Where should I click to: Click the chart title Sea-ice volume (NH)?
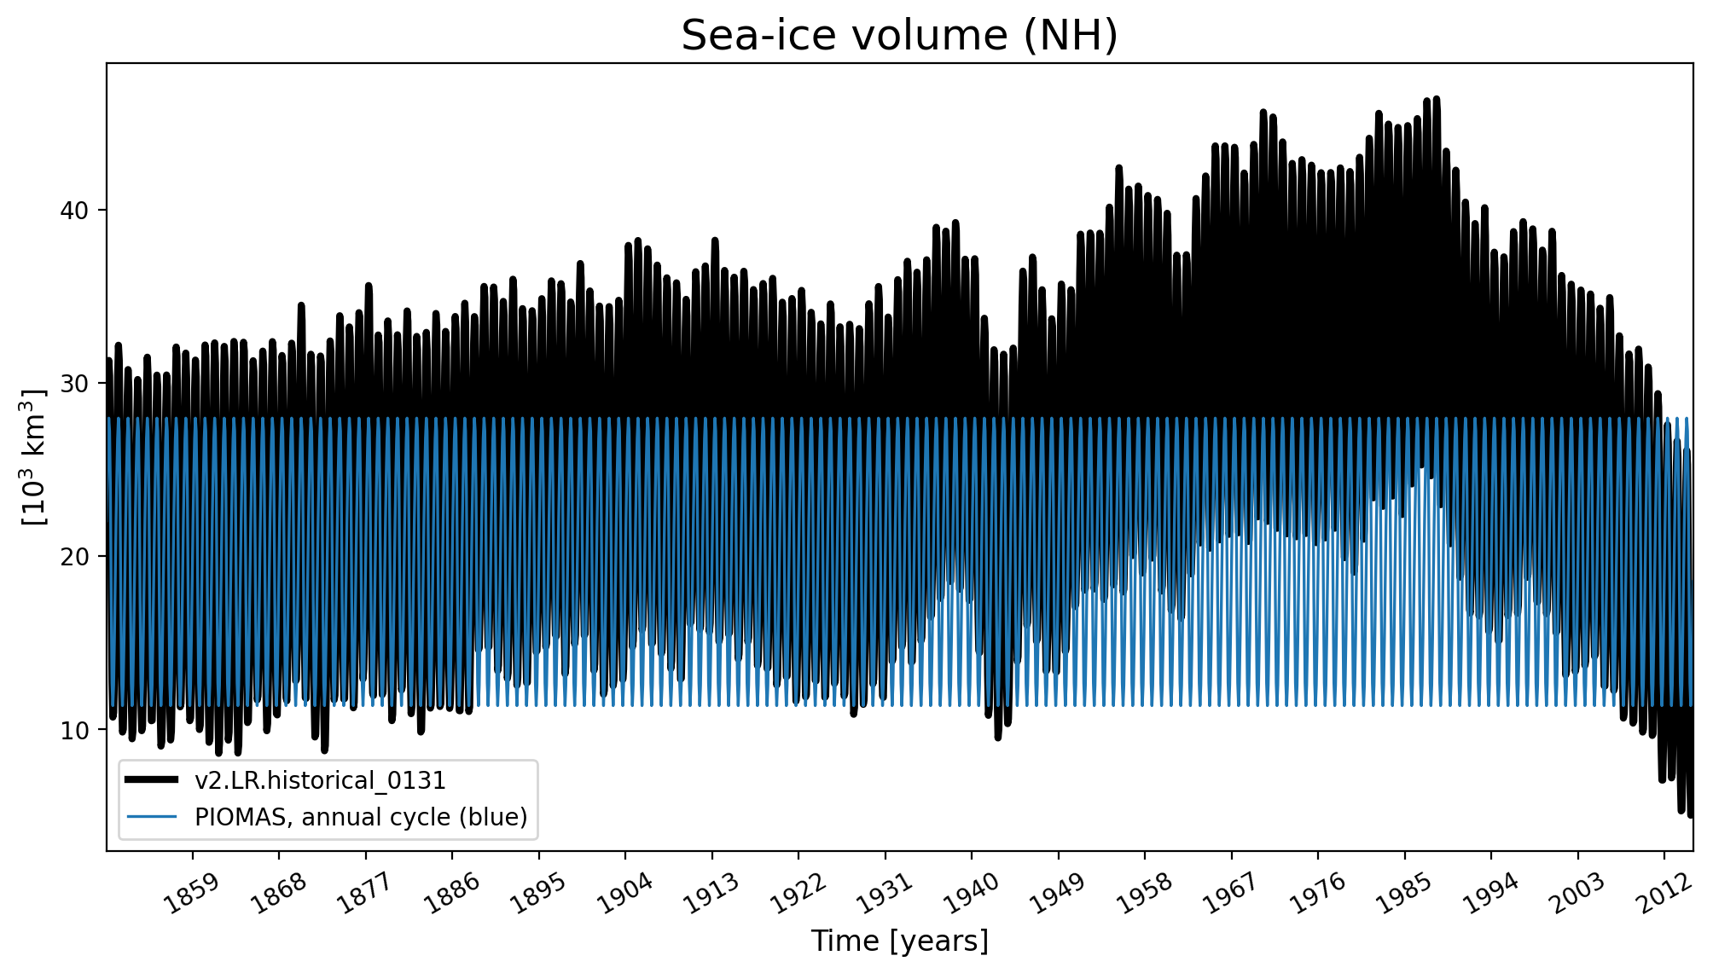pyautogui.click(x=899, y=36)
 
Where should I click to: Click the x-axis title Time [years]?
pyautogui.click(x=899, y=941)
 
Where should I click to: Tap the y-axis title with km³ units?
pyautogui.click(x=34, y=457)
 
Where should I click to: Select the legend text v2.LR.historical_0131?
pyautogui.click(x=320, y=780)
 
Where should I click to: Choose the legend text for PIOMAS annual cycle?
pyautogui.click(x=361, y=817)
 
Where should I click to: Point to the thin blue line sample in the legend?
pyautogui.click(x=152, y=817)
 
